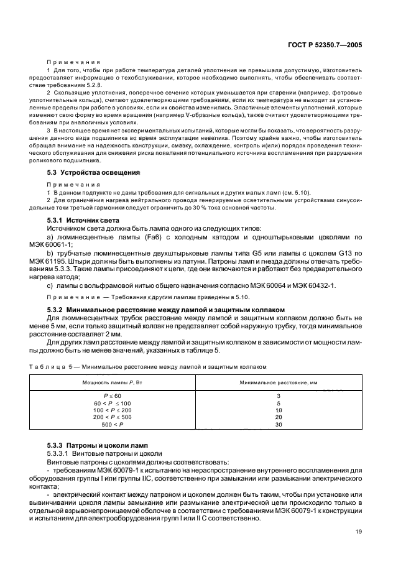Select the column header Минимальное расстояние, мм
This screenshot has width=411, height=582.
(x=279, y=381)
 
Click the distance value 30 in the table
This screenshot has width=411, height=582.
(x=279, y=424)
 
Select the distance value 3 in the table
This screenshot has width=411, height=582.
(x=279, y=395)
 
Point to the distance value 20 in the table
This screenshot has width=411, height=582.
(x=279, y=417)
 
